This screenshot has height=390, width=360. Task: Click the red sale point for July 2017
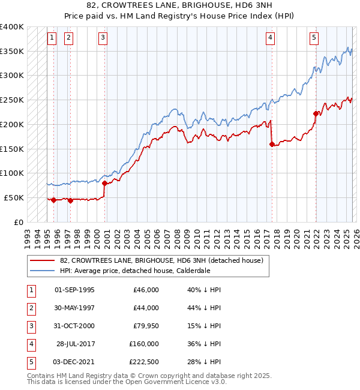pyautogui.click(x=272, y=144)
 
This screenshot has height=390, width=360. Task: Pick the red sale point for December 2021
pyautogui.click(x=316, y=113)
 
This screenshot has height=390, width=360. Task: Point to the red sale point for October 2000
pyautogui.click(x=104, y=183)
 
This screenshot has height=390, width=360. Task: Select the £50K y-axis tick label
pyautogui.click(x=14, y=197)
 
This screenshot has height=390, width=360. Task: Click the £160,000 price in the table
pyautogui.click(x=144, y=344)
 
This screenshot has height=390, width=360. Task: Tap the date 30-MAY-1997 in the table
pyautogui.click(x=74, y=308)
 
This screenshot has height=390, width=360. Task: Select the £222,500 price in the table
pyautogui.click(x=144, y=362)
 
